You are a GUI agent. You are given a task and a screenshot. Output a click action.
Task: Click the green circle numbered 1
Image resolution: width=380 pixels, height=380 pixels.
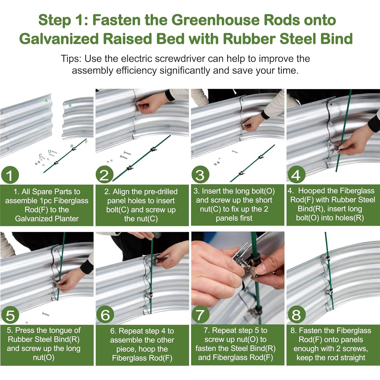(10, 175)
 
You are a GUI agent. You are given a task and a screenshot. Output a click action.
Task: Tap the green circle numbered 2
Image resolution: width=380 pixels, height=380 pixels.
(104, 175)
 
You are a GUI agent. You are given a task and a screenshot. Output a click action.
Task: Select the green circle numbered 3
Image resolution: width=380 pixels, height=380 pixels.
(200, 175)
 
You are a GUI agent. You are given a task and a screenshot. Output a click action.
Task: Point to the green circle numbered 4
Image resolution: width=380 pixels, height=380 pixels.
(296, 175)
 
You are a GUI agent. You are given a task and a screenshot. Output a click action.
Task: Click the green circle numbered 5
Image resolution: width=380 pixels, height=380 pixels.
(10, 315)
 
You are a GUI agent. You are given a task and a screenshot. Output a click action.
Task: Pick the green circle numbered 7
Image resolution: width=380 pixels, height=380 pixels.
(200, 315)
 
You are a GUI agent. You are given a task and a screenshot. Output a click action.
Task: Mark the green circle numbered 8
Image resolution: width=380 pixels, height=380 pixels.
(296, 315)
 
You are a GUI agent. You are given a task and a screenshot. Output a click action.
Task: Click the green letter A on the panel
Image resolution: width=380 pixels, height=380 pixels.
(46, 101)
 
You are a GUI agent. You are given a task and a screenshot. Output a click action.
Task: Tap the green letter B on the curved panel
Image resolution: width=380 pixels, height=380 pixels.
(70, 105)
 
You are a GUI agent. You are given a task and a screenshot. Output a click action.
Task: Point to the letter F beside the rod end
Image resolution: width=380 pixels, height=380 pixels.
(86, 142)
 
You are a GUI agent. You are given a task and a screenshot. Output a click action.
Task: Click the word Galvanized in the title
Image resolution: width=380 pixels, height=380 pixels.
(59, 39)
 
